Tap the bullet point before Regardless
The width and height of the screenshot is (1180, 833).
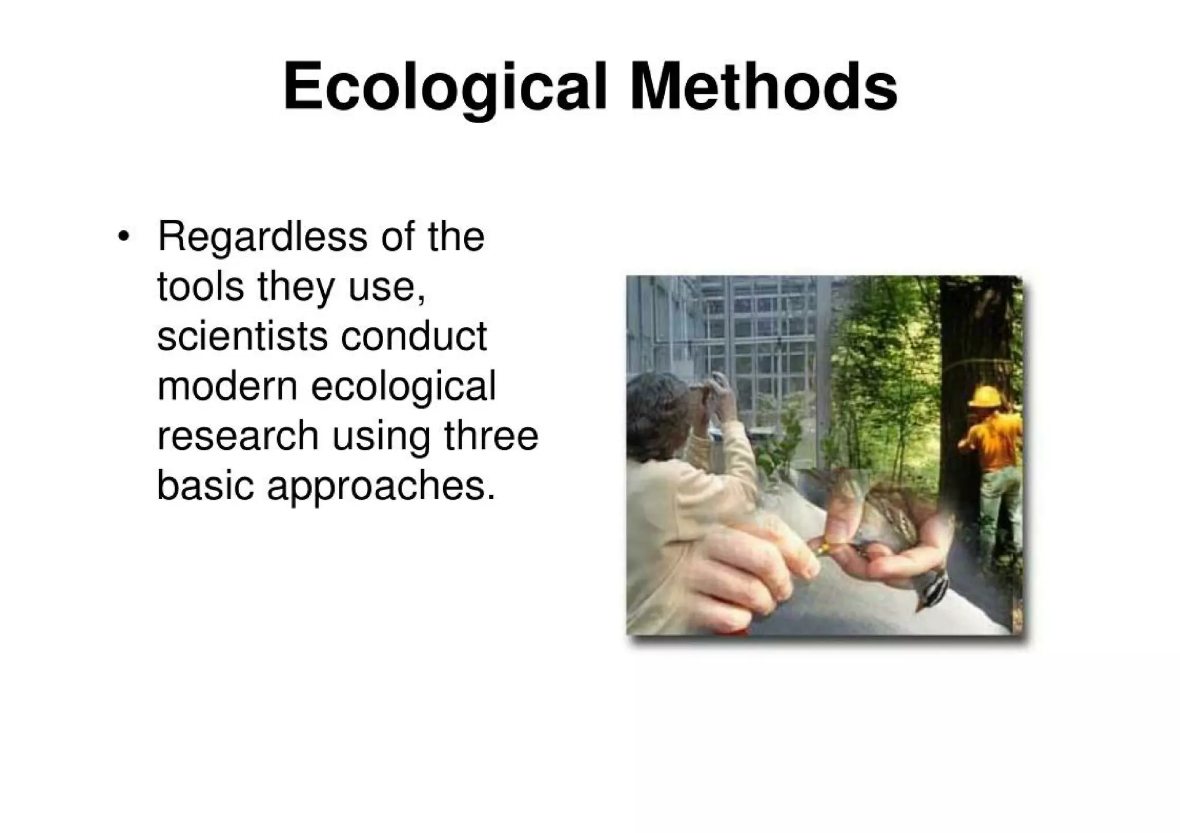pos(123,237)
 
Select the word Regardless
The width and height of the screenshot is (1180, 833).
pos(262,237)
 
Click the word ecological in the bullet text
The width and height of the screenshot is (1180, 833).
pos(403,387)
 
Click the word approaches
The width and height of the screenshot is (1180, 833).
pos(381,487)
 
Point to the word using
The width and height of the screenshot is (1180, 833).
pos(381,438)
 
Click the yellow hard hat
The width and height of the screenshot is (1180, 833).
pos(986,397)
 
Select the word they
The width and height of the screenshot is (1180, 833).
pos(295,287)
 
